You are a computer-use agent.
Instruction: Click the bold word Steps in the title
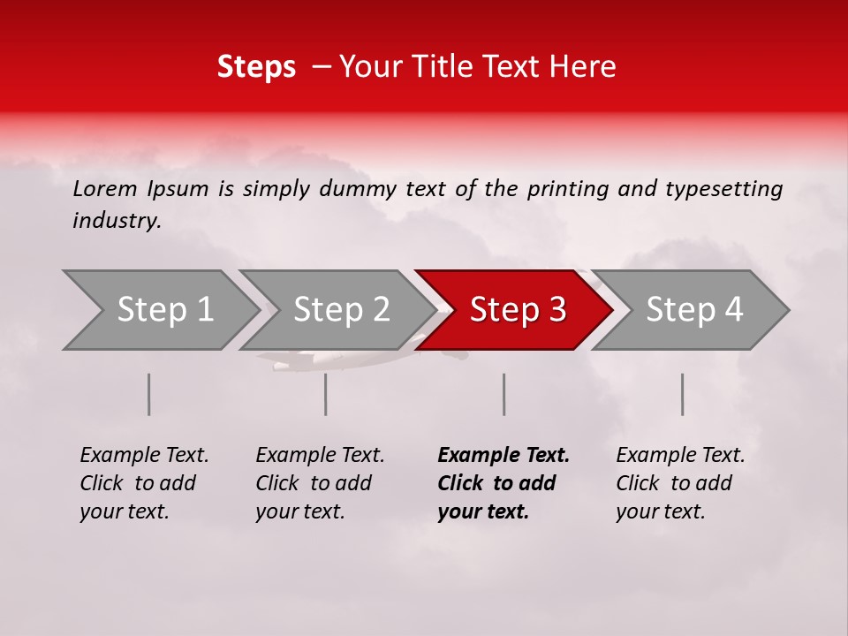click(x=256, y=67)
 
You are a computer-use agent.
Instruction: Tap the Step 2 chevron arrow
click(x=341, y=310)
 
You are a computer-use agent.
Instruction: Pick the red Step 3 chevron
click(x=518, y=310)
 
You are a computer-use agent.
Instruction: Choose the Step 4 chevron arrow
click(x=694, y=310)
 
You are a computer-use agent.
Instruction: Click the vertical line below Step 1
click(x=149, y=394)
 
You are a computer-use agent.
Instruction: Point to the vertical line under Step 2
click(x=326, y=394)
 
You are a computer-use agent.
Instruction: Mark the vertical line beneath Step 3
click(x=504, y=394)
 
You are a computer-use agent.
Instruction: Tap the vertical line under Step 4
click(x=683, y=394)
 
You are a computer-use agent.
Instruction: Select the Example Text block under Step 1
click(x=144, y=483)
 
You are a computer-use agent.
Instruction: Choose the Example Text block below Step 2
click(x=320, y=483)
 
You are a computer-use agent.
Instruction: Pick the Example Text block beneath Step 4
click(x=680, y=483)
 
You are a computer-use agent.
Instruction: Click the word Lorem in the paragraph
click(x=105, y=188)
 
